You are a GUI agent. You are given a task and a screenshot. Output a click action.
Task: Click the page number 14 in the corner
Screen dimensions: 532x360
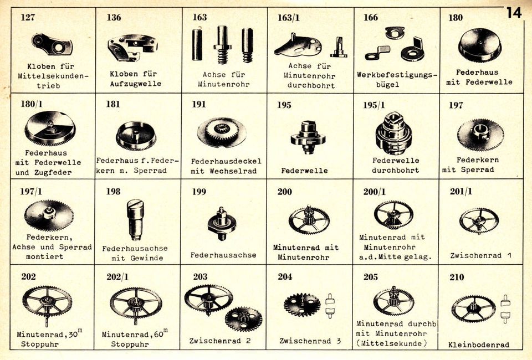pyautogui.click(x=514, y=13)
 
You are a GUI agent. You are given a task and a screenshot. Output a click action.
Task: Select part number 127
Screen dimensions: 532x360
pyautogui.click(x=28, y=17)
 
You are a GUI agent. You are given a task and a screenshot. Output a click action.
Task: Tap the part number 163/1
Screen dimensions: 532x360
pyautogui.click(x=289, y=18)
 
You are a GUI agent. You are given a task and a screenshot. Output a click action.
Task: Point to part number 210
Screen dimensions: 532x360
pyautogui.click(x=457, y=277)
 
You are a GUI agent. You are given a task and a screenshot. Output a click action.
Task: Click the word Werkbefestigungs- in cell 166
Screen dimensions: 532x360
pyautogui.click(x=397, y=75)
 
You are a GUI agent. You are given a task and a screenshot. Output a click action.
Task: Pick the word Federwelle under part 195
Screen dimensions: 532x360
pyautogui.click(x=304, y=171)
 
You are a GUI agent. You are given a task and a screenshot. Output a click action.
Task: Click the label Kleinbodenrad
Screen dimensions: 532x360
pyautogui.click(x=479, y=344)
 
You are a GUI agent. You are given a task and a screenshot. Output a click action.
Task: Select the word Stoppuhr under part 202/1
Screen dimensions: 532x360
pyautogui.click(x=130, y=344)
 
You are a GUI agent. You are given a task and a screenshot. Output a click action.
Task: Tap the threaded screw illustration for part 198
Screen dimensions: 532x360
pyautogui.click(x=135, y=220)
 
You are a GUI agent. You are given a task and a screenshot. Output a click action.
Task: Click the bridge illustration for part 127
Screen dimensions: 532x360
pyautogui.click(x=52, y=44)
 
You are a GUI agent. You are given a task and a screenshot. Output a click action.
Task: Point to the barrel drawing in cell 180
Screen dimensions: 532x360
pyautogui.click(x=480, y=45)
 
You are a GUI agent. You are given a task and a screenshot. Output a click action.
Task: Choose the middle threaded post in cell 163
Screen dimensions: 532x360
pyautogui.click(x=222, y=45)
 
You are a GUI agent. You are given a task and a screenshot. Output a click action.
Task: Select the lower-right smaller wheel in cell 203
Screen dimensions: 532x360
pyautogui.click(x=244, y=319)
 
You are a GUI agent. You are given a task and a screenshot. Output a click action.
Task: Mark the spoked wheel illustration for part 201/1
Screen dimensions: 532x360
pyautogui.click(x=479, y=220)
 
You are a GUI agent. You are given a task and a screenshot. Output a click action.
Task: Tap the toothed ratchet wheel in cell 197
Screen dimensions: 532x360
pyautogui.click(x=480, y=135)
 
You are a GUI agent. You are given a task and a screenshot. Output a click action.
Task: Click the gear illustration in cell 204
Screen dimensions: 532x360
pyautogui.click(x=302, y=305)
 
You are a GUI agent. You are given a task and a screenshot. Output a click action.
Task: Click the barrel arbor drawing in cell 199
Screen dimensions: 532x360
pyautogui.click(x=222, y=224)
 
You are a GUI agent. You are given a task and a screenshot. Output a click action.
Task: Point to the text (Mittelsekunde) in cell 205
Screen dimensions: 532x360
pyautogui.click(x=391, y=343)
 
